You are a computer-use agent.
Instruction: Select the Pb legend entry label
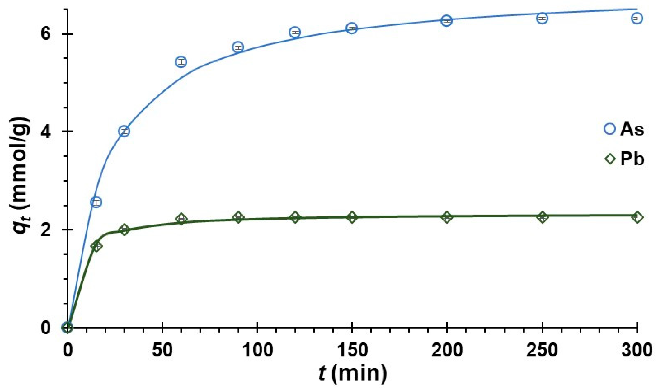632,159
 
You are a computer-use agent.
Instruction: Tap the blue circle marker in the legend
610,128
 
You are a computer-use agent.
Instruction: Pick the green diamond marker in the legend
610,159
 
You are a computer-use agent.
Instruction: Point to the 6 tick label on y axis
46,34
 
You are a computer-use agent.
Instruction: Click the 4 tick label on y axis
46,132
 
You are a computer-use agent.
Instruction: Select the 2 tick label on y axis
46,229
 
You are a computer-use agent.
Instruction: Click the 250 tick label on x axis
542,350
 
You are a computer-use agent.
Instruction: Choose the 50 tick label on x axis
162,350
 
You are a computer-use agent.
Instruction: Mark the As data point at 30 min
124,131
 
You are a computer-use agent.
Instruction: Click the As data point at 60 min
181,62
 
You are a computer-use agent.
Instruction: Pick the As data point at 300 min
637,18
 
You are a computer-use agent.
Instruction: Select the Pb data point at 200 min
447,217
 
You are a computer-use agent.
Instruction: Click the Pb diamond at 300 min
637,217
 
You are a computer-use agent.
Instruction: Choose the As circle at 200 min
447,21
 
